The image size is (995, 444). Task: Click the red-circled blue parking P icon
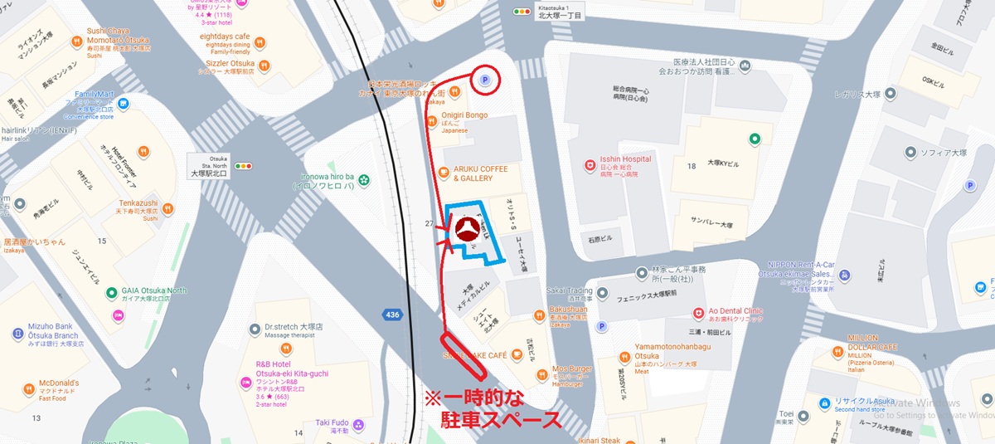tap(485, 81)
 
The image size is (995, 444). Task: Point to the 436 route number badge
tap(392, 315)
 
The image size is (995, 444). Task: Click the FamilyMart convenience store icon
tap(124, 104)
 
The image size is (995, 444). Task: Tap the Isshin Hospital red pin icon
tap(590, 164)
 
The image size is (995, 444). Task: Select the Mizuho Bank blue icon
tap(17, 334)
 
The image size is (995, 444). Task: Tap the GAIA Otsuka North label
tap(154, 290)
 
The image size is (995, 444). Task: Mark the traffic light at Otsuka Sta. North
tap(244, 166)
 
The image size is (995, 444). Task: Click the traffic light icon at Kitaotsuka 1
tap(522, 12)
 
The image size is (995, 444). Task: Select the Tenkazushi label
tap(138, 202)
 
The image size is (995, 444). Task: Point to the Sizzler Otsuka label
tap(231, 63)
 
